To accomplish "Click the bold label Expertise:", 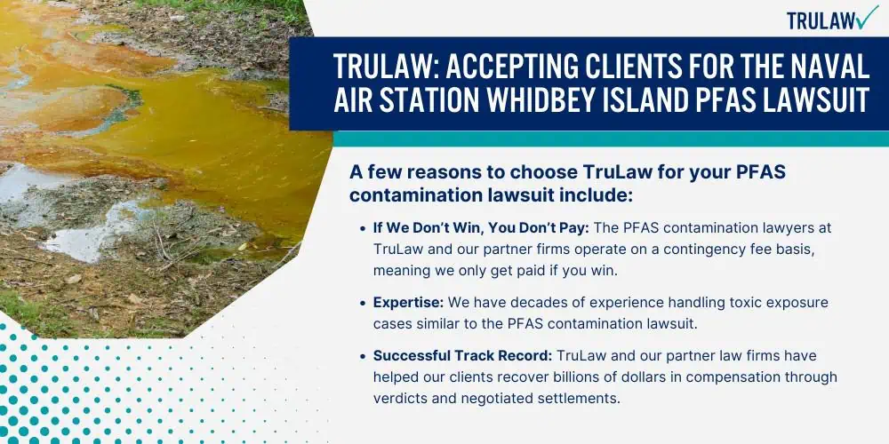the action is click(x=408, y=303).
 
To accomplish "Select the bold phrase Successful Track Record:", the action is click(x=462, y=356).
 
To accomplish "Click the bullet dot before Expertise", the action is click(x=363, y=304).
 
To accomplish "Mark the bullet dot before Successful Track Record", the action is click(x=363, y=357).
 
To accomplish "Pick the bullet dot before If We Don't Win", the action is click(x=363, y=229).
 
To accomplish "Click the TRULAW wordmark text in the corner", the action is click(x=820, y=21).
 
